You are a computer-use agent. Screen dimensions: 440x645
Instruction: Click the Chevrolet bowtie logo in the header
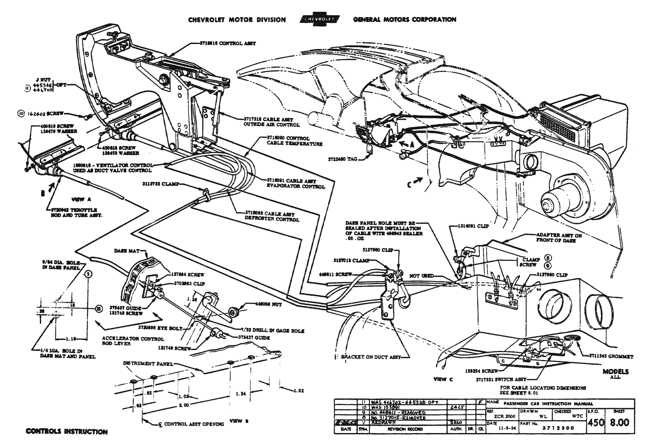point(319,20)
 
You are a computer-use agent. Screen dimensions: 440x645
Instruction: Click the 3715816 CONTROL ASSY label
point(227,43)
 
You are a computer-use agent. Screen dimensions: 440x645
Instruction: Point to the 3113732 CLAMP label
point(157,184)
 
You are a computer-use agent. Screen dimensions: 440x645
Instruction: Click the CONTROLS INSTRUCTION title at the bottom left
point(66,432)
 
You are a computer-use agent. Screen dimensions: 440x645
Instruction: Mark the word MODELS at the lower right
point(615,372)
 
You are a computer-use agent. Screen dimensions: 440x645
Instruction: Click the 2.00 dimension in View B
point(184,405)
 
